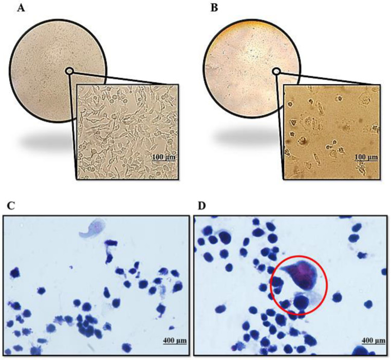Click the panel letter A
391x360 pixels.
pos(22,9)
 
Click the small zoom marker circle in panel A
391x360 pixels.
pos(69,71)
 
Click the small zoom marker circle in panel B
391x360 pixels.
pos(276,71)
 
